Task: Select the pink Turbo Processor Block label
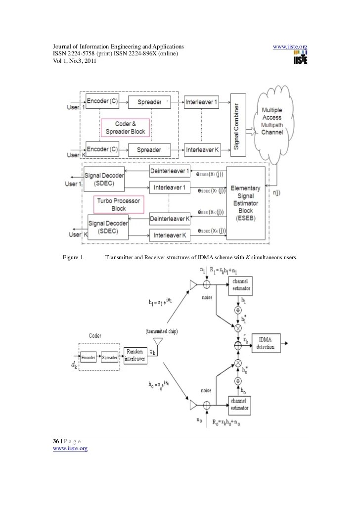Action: click(x=117, y=204)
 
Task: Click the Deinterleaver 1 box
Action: click(x=170, y=171)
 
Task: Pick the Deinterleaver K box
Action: click(x=170, y=218)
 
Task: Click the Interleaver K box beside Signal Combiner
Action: click(x=201, y=149)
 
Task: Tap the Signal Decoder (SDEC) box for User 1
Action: click(x=104, y=179)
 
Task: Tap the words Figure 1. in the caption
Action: click(x=74, y=257)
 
